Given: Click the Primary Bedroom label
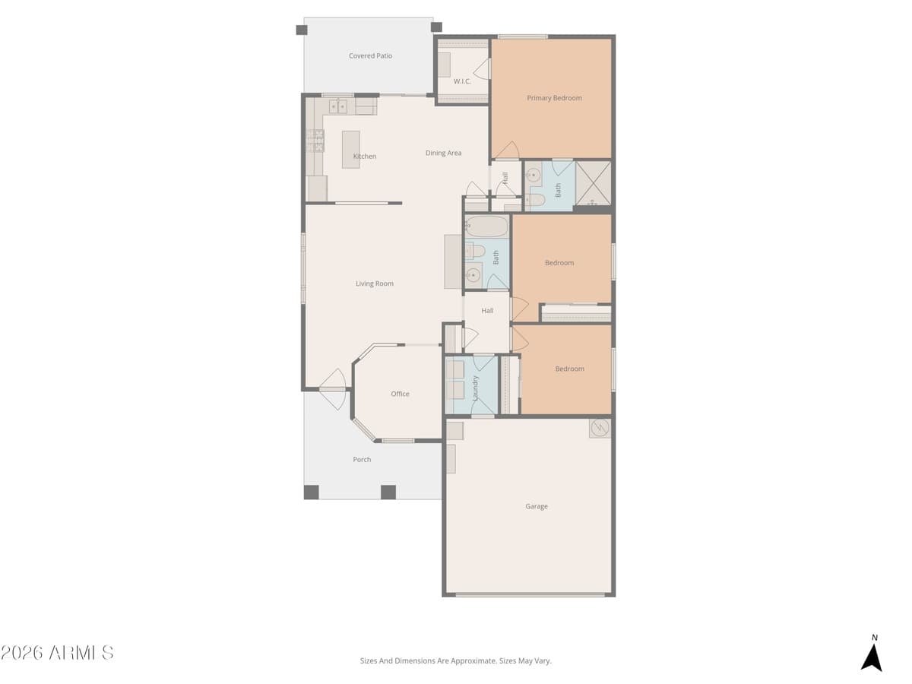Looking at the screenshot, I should tap(554, 98).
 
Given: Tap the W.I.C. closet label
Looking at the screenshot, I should tap(462, 81).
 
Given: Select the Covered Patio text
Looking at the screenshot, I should tap(370, 55).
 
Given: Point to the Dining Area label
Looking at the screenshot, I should tap(443, 153).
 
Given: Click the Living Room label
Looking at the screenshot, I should tap(375, 283).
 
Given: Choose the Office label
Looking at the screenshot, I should tap(400, 394).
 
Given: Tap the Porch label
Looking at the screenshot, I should tap(362, 459).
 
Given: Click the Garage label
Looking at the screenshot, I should tap(536, 506).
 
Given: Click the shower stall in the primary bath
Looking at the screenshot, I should tap(593, 183).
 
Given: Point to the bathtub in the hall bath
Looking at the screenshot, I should tap(486, 226).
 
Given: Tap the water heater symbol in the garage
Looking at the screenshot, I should tap(600, 428).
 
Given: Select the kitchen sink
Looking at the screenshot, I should tap(338, 106).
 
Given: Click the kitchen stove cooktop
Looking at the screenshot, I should tap(315, 141).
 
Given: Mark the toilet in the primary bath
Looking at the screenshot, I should tap(534, 200).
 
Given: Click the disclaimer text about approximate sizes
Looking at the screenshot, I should tap(455, 660).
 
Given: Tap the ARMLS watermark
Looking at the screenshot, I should tap(57, 652).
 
